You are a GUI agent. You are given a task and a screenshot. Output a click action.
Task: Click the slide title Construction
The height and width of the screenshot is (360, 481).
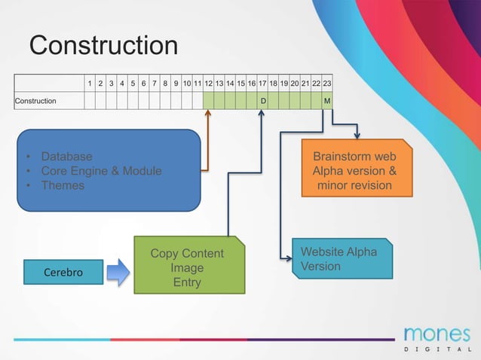coord(103,46)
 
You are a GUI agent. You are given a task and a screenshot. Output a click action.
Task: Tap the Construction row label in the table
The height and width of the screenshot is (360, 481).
coord(35,101)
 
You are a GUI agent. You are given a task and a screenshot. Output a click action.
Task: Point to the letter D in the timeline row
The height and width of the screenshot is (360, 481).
coord(263,101)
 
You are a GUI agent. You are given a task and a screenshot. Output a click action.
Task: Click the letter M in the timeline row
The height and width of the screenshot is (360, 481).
coord(327,101)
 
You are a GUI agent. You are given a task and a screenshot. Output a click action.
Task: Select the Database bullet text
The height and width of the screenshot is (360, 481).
coord(66,157)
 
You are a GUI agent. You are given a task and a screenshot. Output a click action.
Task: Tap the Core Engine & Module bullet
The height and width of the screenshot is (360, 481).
coord(101,171)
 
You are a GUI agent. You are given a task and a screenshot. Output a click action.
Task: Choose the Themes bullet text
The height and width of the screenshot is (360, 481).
coord(63,185)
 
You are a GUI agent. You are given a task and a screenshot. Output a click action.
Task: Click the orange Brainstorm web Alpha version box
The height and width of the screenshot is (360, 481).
coord(357,169)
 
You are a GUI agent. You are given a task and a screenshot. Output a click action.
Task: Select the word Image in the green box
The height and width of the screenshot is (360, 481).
coord(187,267)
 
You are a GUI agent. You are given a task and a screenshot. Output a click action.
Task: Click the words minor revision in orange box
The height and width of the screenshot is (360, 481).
coord(354,185)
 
